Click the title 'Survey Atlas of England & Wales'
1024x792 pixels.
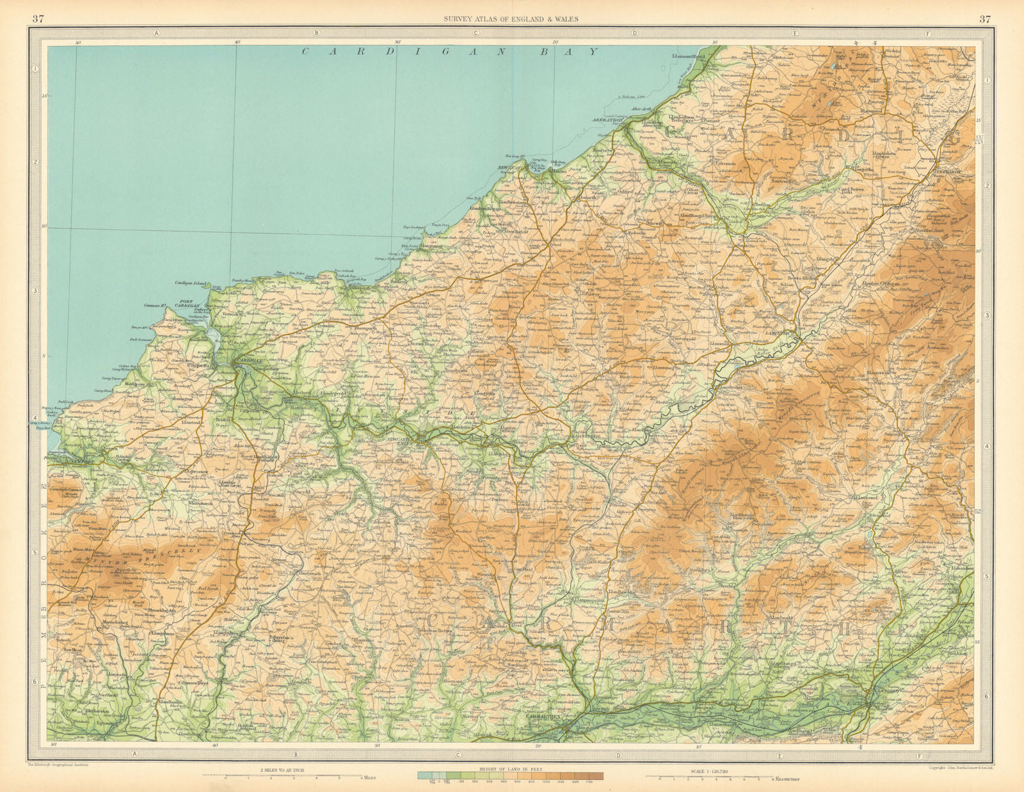511,19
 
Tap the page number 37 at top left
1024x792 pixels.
38,18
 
